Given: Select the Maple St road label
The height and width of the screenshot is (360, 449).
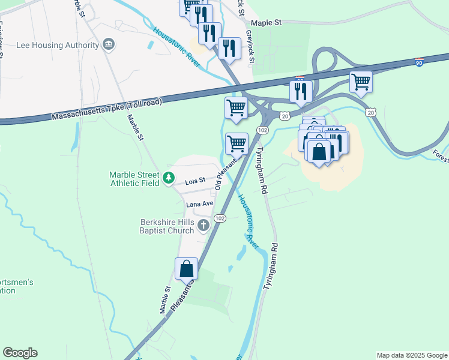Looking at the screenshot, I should click(266, 23).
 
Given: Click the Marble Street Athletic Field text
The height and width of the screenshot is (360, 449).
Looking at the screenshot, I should click(134, 179).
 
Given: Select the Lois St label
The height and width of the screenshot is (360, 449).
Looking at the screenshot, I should click(195, 181).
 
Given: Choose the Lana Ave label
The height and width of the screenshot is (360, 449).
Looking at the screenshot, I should click(199, 204).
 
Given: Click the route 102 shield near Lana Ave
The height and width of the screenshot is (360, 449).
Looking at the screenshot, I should click(220, 218).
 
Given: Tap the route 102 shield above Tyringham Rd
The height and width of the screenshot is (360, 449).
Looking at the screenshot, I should click(262, 130).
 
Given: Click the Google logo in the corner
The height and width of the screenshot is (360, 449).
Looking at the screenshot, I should click(20, 353).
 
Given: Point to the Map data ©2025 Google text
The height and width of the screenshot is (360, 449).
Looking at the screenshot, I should click(411, 355).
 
